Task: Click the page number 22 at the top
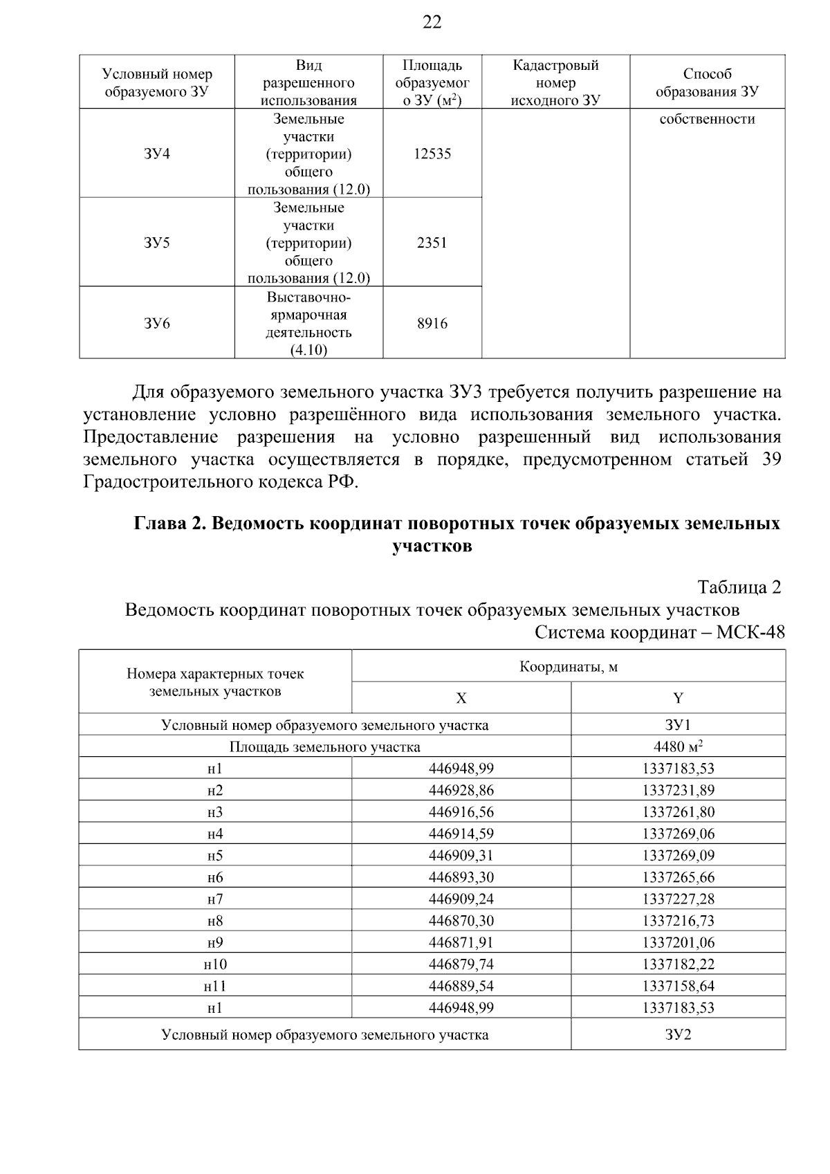(432, 23)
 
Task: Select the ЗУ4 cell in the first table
(157, 154)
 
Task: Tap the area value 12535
(432, 154)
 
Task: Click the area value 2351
(432, 243)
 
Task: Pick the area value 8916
(432, 323)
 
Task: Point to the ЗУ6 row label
(157, 323)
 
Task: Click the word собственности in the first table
(707, 119)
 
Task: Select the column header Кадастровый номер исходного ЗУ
(555, 83)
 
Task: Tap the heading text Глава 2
(169, 523)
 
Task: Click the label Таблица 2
(739, 587)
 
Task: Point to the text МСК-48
(750, 632)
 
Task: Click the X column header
(461, 698)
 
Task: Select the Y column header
(678, 698)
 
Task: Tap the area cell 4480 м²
(678, 746)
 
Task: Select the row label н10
(215, 964)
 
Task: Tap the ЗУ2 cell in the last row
(678, 1035)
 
